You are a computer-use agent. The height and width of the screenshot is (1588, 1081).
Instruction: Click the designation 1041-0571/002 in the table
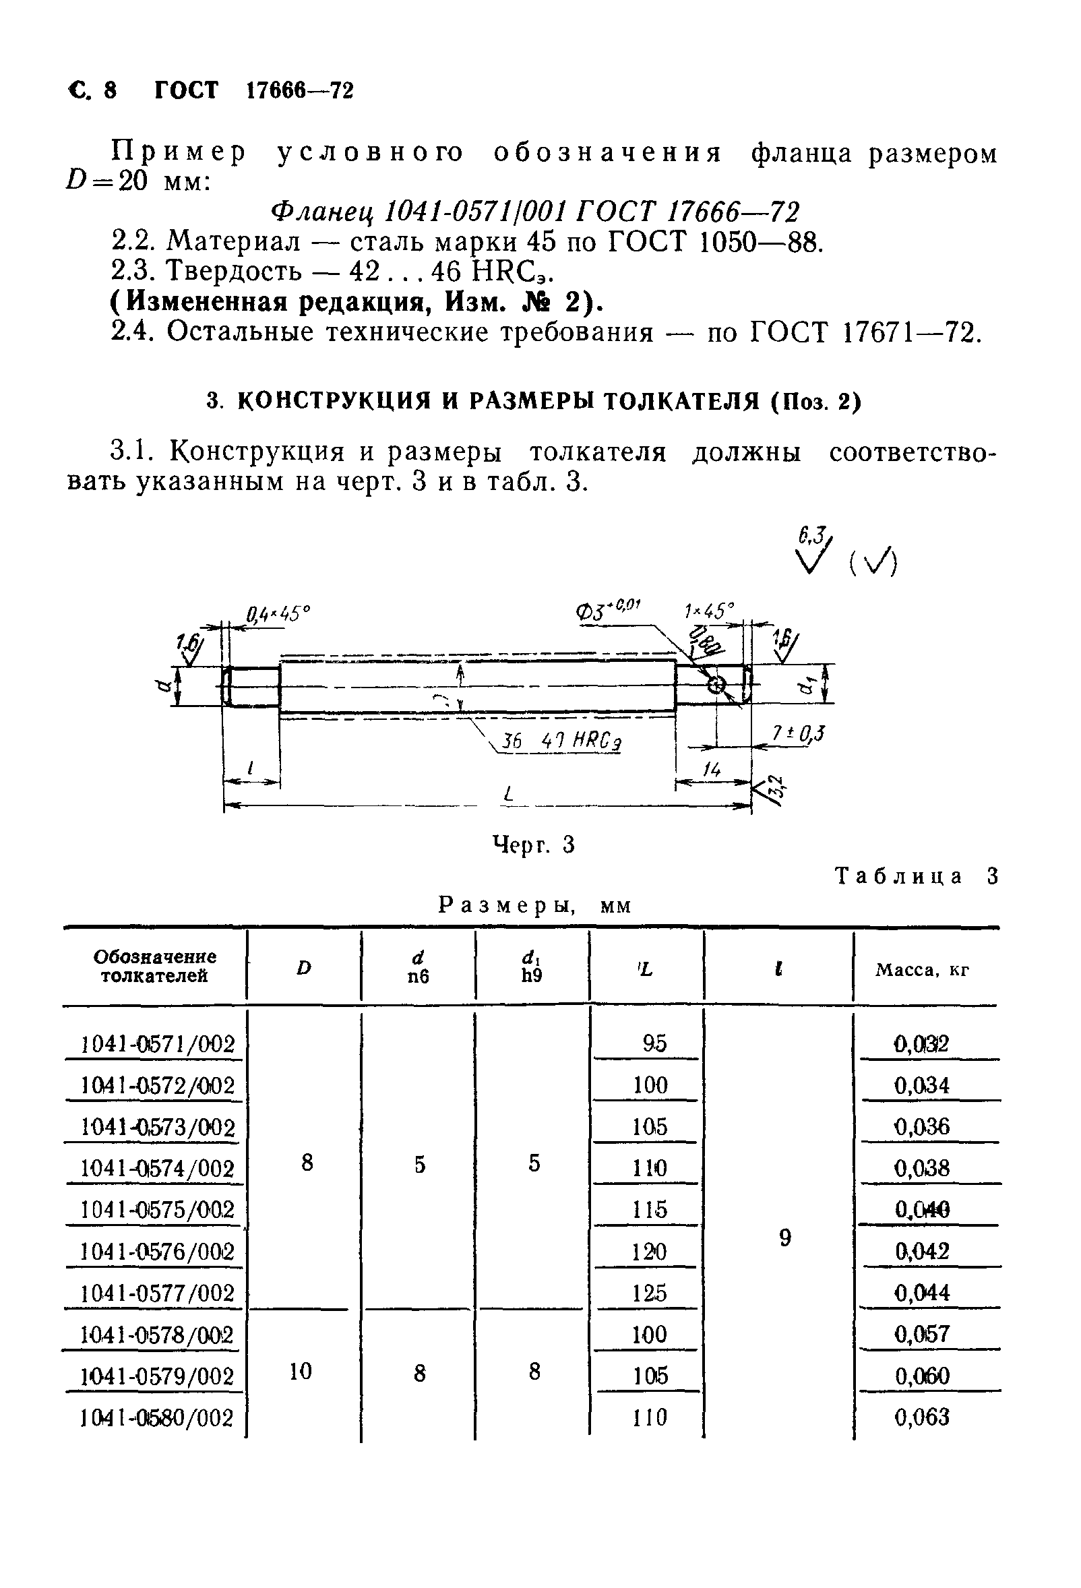(x=157, y=1044)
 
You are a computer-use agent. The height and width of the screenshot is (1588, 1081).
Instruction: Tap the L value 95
(x=654, y=1043)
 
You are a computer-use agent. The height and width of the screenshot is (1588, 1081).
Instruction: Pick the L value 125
(x=649, y=1293)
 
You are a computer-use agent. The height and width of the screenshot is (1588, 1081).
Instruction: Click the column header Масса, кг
(x=922, y=971)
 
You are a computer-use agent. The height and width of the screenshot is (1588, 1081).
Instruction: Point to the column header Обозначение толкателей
(x=154, y=966)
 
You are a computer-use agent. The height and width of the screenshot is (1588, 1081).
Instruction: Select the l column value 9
(x=785, y=1238)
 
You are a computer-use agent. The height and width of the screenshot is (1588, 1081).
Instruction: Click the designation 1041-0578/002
(x=157, y=1335)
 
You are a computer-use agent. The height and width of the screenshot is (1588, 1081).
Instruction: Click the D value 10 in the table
(x=301, y=1371)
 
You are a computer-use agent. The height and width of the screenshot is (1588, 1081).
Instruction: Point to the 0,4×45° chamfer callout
(x=278, y=614)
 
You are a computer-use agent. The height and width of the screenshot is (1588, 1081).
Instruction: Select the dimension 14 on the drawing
(x=712, y=771)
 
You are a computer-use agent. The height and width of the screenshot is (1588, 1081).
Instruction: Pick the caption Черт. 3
(x=534, y=846)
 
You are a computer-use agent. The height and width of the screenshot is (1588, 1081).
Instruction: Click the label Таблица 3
(x=917, y=877)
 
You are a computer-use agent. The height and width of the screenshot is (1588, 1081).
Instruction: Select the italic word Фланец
(x=323, y=212)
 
